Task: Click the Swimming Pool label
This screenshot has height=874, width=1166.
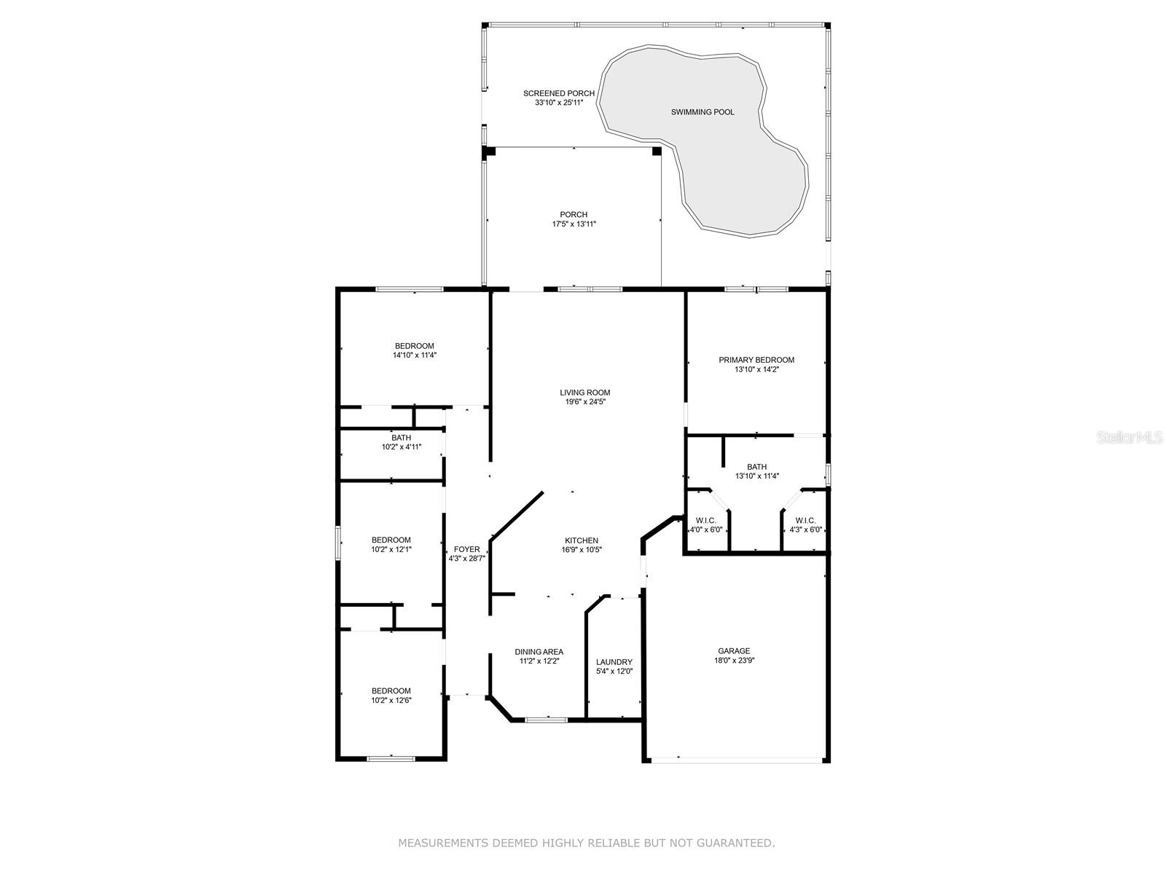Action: [703, 112]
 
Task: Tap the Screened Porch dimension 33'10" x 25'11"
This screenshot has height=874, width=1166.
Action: [559, 103]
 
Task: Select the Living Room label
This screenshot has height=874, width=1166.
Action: [585, 393]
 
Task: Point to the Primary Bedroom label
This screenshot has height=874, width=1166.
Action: [756, 360]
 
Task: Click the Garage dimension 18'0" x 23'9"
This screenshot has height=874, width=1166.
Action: [734, 660]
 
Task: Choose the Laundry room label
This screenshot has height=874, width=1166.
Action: [614, 662]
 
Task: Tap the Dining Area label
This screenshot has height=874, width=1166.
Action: [539, 652]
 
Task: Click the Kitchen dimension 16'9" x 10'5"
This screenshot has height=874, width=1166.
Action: [582, 550]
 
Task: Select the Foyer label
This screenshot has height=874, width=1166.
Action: [467, 549]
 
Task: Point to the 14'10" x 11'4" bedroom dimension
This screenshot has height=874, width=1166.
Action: [415, 355]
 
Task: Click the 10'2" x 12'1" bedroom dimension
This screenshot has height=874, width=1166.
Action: [391, 549]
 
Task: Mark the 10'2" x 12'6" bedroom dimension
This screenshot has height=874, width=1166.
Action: [391, 700]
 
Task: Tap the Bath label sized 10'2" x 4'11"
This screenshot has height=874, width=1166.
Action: [401, 438]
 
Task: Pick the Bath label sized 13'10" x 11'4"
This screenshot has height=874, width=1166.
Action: [756, 467]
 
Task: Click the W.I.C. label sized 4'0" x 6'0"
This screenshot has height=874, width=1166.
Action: [706, 521]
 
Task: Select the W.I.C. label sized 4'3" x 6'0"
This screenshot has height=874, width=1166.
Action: [806, 521]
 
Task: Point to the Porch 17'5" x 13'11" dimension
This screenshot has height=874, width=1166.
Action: [574, 224]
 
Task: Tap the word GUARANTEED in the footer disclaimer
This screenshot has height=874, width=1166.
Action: [737, 843]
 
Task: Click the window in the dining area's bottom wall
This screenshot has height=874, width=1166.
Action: [546, 720]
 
